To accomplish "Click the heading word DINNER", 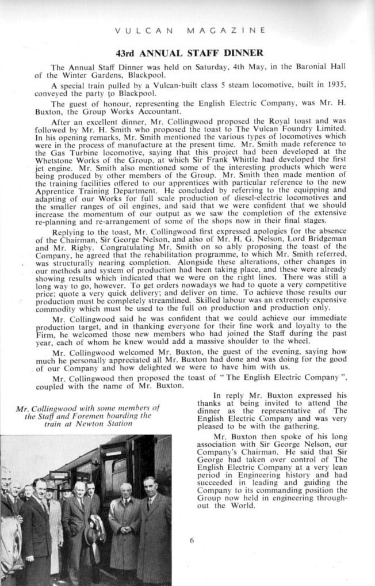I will click(x=243, y=52).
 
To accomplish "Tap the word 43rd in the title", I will click(x=126, y=52).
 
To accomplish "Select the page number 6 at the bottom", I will click(x=192, y=540).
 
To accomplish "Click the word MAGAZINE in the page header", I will click(x=232, y=28).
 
